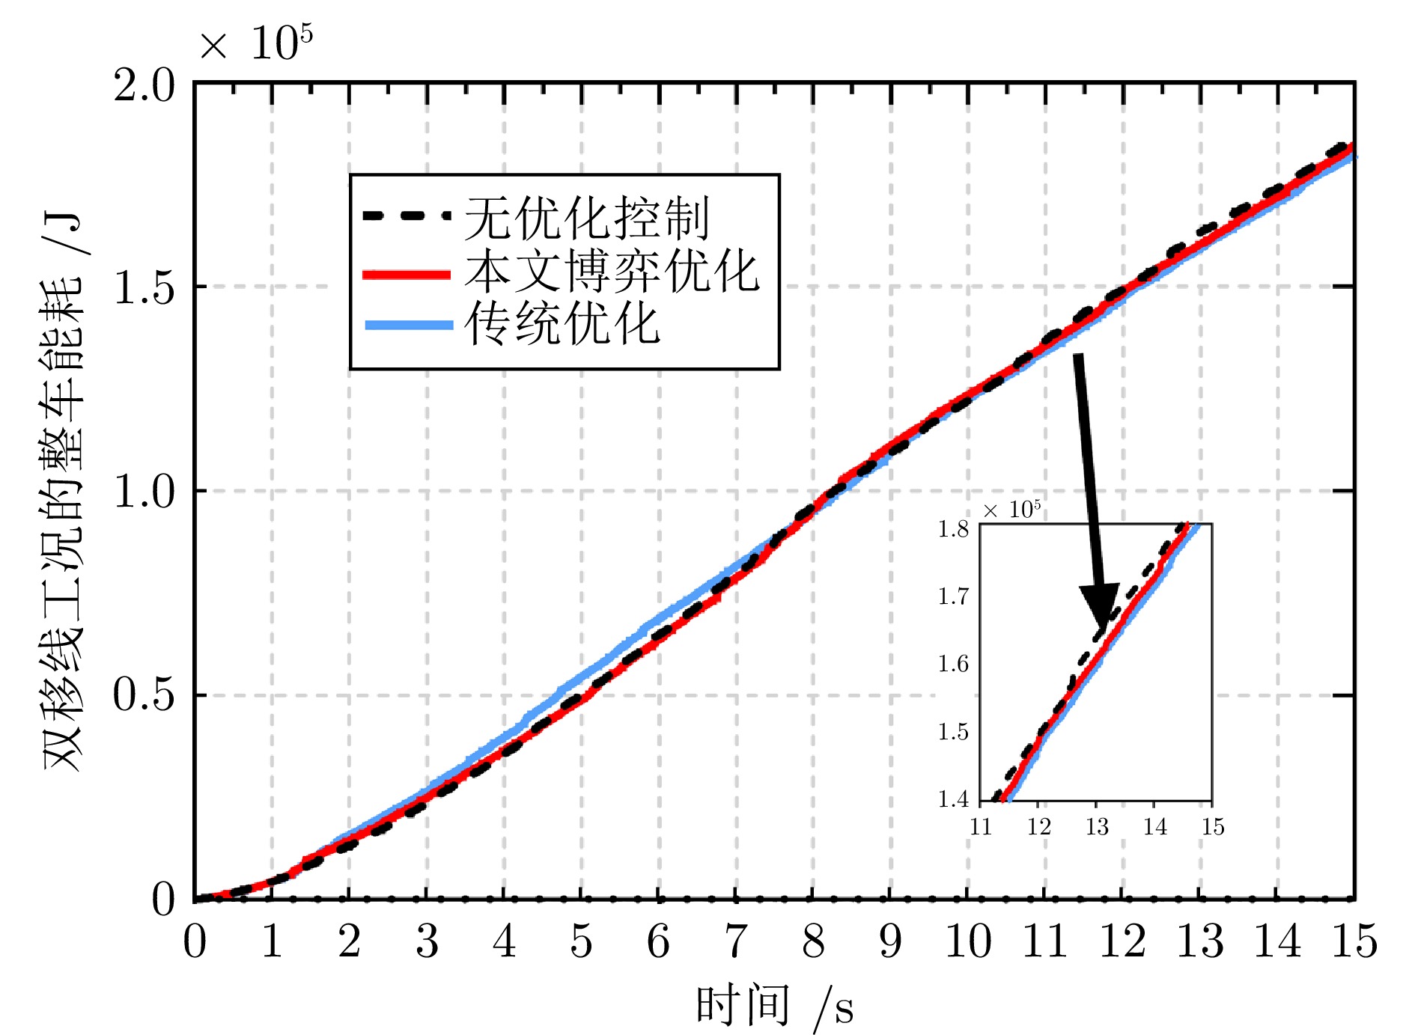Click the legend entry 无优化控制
(586, 218)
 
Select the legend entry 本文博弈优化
(612, 271)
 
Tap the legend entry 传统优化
(562, 323)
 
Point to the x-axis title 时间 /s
(774, 1005)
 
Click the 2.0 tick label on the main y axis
(144, 85)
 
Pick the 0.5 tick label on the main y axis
(144, 695)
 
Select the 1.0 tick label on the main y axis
(144, 492)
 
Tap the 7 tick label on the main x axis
(736, 941)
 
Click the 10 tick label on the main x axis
(968, 941)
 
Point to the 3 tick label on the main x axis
(427, 941)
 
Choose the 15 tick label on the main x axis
(1354, 941)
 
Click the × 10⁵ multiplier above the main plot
(255, 43)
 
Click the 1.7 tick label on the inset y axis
(953, 596)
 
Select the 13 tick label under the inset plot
(1097, 827)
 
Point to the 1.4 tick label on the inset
(953, 799)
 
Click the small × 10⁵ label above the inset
(1011, 510)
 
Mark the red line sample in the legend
(407, 275)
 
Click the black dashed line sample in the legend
(407, 216)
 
